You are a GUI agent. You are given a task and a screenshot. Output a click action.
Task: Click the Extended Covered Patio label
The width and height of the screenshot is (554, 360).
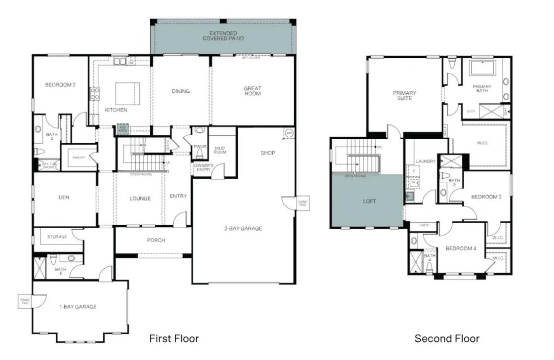pos(223,36)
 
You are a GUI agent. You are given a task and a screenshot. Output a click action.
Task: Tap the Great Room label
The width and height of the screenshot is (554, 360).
pos(252,91)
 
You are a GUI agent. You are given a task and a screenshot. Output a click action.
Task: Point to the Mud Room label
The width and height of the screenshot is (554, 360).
pos(220,150)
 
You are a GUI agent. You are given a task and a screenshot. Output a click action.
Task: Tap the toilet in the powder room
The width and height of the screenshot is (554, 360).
pos(200,152)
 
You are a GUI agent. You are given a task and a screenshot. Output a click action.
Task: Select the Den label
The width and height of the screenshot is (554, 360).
pos(64,198)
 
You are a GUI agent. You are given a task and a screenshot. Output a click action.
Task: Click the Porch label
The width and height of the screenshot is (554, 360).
pos(156,240)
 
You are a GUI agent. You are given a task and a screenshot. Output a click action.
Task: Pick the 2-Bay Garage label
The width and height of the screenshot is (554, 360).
pos(243,228)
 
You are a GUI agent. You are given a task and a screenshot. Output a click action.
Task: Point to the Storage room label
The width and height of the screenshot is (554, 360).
pos(57,237)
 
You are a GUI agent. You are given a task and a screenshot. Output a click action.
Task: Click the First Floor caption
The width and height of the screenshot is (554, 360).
pos(174,339)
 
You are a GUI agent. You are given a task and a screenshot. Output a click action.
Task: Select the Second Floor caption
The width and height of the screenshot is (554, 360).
pos(447,339)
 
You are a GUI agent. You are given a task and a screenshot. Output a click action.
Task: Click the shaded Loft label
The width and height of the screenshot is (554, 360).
pos(369,201)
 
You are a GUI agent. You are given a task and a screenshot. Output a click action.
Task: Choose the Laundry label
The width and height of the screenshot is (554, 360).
pos(426,161)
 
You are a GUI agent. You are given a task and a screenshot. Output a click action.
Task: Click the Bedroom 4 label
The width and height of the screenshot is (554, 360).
pos(460,248)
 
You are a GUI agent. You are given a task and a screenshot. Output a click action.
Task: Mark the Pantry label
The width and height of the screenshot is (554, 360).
pos(79,158)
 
